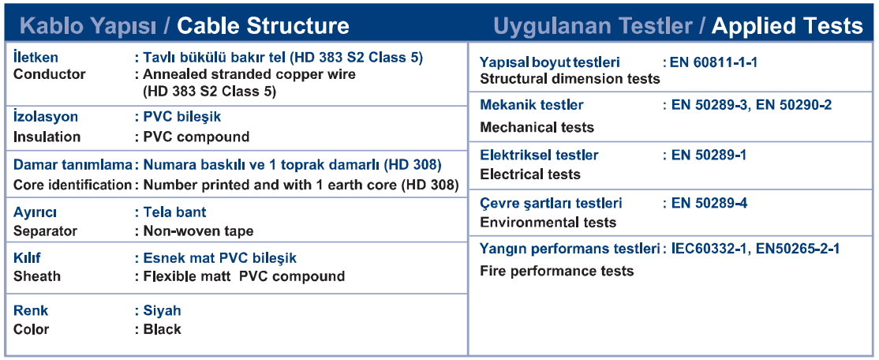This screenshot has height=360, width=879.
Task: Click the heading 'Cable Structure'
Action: pyautogui.click(x=263, y=26)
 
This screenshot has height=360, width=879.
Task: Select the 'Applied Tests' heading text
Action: pyautogui.click(x=787, y=26)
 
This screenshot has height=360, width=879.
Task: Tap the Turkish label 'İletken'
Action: pyautogui.click(x=36, y=57)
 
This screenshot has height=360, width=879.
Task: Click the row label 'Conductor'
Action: pyautogui.click(x=50, y=74)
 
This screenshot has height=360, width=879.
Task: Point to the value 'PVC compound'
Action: pyautogui.click(x=196, y=137)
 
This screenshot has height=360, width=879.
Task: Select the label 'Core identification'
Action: pyautogui.click(x=72, y=185)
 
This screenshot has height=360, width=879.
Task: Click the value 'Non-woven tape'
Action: pyautogui.click(x=199, y=231)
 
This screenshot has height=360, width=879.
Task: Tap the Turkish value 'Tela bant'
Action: pyautogui.click(x=175, y=212)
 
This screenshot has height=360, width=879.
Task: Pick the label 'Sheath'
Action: pyautogui.click(x=37, y=276)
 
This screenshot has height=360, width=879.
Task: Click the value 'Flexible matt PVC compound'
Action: pyautogui.click(x=244, y=276)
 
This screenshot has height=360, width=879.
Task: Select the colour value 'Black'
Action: pyautogui.click(x=163, y=329)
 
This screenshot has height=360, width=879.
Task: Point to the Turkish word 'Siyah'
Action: pyautogui.click(x=163, y=310)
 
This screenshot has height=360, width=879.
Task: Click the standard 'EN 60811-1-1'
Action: pyautogui.click(x=713, y=62)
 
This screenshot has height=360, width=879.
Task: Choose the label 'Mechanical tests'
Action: pyautogui.click(x=537, y=127)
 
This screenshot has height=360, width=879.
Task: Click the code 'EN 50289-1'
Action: pyautogui.click(x=709, y=155)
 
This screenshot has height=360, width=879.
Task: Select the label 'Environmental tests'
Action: pyautogui.click(x=548, y=223)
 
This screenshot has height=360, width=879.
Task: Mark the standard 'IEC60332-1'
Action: pyautogui.click(x=709, y=249)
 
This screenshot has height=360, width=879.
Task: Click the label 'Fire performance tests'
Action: pyautogui.click(x=557, y=271)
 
